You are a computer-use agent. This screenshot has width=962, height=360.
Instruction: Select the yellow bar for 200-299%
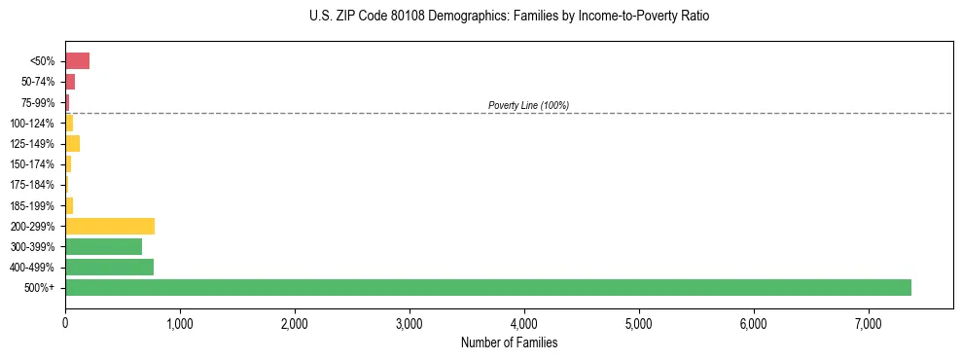tap(110, 226)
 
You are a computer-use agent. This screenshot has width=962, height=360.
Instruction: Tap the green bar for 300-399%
tap(103, 246)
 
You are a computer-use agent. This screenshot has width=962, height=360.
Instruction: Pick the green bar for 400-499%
tap(109, 267)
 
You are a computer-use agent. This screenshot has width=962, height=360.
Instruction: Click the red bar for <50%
tap(77, 61)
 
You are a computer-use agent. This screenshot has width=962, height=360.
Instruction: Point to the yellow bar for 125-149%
tap(72, 144)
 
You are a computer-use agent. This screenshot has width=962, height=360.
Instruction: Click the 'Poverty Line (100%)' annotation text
tap(528, 105)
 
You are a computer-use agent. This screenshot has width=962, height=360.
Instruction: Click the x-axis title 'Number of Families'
tap(509, 342)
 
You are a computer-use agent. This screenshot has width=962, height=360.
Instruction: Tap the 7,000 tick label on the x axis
tap(869, 323)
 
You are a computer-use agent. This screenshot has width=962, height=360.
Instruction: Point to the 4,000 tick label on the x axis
tap(524, 323)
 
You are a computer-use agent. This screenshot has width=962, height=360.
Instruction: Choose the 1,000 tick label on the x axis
tap(180, 323)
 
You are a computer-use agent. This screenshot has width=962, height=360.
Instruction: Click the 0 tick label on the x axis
tap(65, 323)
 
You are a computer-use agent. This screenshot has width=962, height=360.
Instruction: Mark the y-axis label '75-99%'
tap(40, 103)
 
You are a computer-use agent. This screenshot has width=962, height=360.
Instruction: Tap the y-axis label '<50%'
tap(43, 61)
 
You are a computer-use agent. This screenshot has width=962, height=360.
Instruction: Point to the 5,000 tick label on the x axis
tap(639, 323)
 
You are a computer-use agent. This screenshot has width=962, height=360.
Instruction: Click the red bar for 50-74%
tap(70, 82)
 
